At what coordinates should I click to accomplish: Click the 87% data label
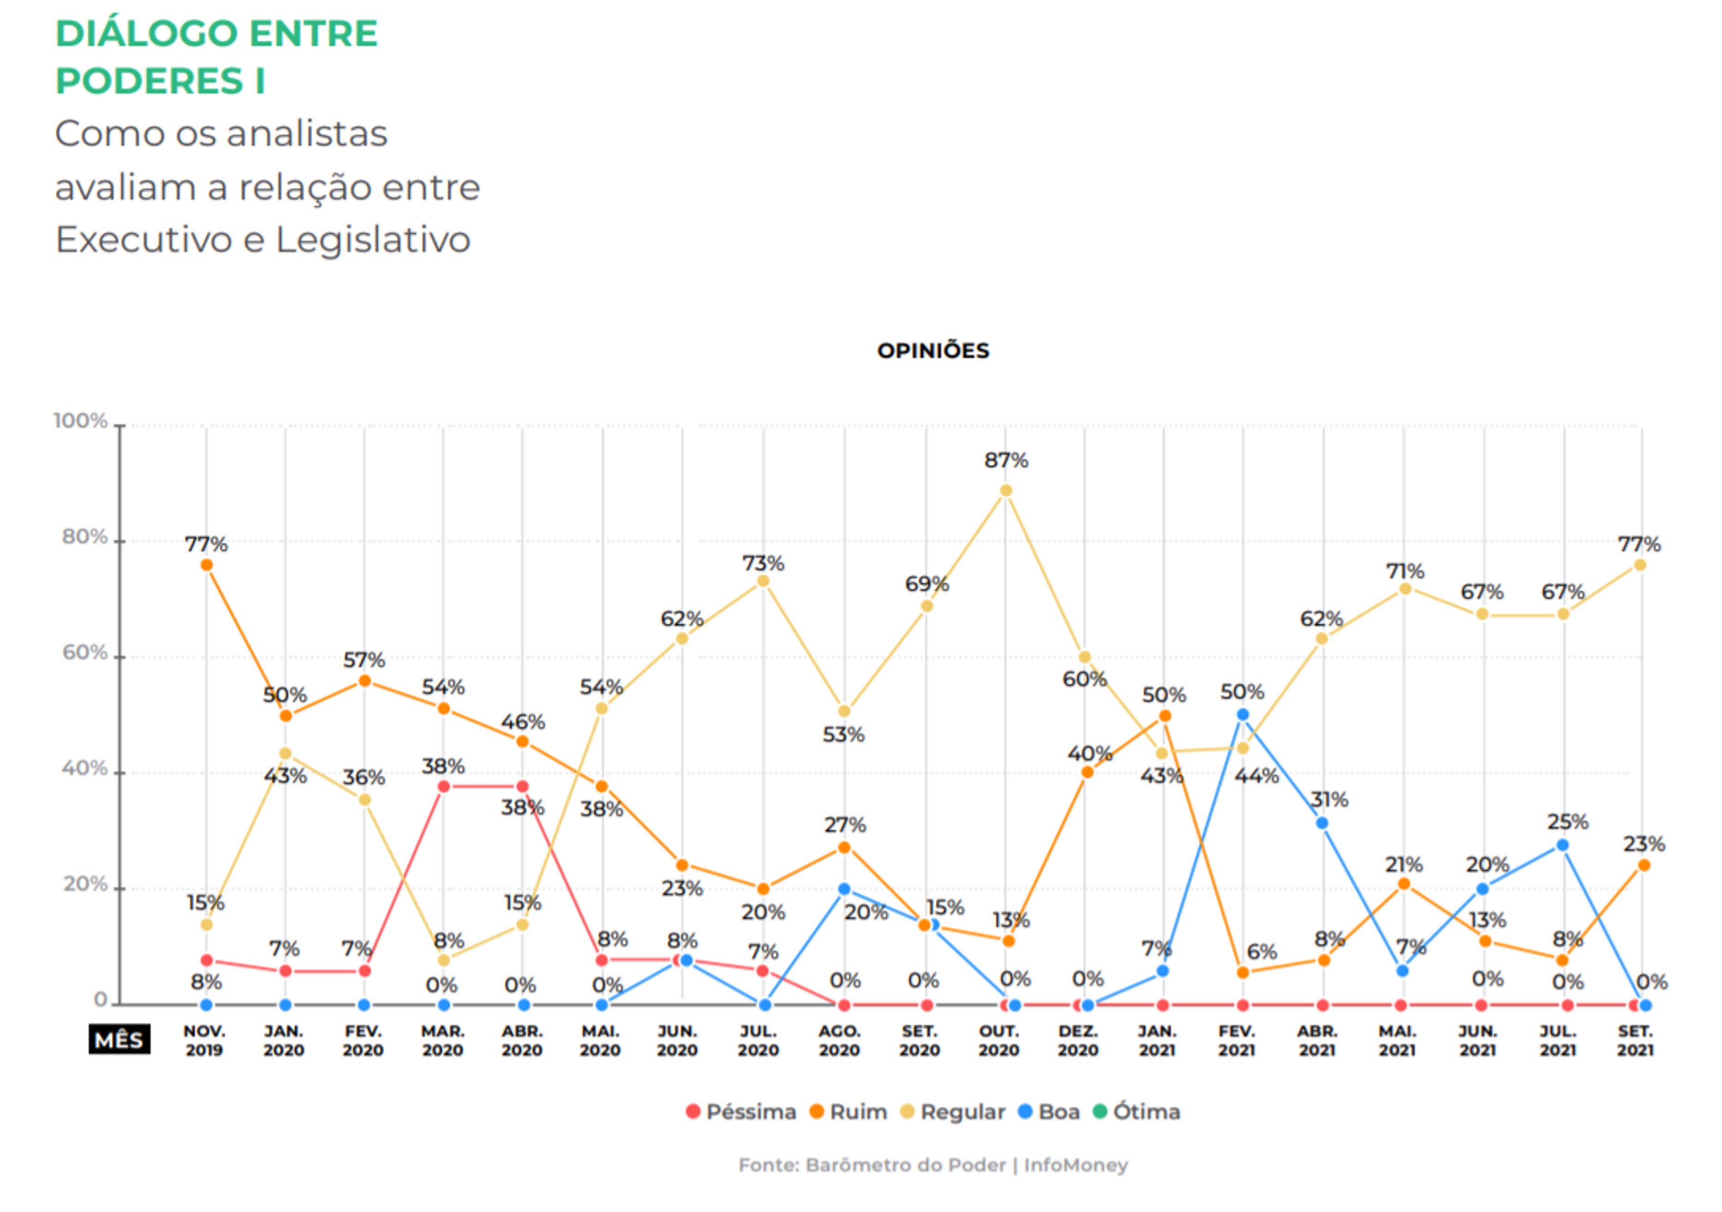pyautogui.click(x=1006, y=460)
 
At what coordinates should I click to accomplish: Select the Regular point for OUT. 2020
pyautogui.click(x=1006, y=491)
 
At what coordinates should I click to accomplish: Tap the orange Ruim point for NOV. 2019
pyautogui.click(x=206, y=565)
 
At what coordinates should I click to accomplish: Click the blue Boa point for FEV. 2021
pyautogui.click(x=1243, y=715)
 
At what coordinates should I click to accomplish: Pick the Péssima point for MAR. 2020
pyautogui.click(x=443, y=786)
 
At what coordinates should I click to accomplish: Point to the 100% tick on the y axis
pyautogui.click(x=80, y=421)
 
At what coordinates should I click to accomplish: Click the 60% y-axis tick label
pyautogui.click(x=84, y=652)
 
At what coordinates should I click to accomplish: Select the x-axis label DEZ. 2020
pyautogui.click(x=1078, y=1040)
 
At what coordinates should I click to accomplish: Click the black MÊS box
pyautogui.click(x=119, y=1040)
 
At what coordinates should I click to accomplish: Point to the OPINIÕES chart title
pyautogui.click(x=933, y=350)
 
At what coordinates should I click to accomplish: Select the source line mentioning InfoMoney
pyautogui.click(x=933, y=1165)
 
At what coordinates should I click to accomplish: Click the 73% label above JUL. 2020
pyautogui.click(x=763, y=562)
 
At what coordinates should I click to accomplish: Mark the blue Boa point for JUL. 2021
pyautogui.click(x=1562, y=845)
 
